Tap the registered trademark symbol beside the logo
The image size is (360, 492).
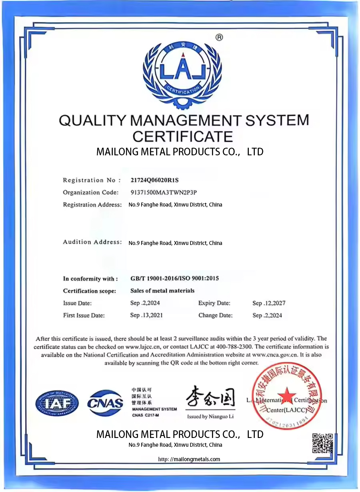(219, 38)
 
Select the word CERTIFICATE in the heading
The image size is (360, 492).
(183, 136)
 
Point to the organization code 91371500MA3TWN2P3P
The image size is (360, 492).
(164, 192)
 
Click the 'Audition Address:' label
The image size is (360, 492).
(92, 242)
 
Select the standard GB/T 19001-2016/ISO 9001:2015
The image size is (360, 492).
(174, 279)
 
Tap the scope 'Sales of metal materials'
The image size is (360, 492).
(162, 291)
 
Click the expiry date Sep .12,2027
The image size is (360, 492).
(269, 303)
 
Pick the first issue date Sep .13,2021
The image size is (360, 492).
(146, 315)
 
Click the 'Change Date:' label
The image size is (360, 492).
(215, 315)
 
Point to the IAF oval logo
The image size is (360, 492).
(57, 403)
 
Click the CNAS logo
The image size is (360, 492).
(105, 403)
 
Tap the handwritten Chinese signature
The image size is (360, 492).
(210, 398)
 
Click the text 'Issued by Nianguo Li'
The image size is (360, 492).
(210, 417)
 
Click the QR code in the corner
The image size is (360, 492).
(322, 443)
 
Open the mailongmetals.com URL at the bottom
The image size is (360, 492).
(189, 460)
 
